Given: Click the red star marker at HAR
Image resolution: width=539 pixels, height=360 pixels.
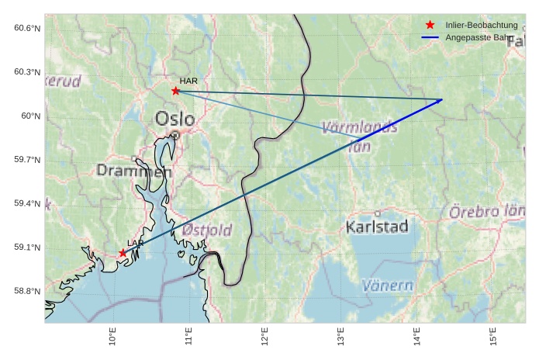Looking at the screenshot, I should point(176,91).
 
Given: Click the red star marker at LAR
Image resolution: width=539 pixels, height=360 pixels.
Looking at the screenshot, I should point(123,254).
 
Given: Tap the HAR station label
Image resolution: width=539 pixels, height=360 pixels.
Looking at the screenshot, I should point(188,81).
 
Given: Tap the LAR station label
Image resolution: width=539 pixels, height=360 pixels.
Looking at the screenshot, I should point(136,244).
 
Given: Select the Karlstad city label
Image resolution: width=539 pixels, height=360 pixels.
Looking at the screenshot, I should point(377,227).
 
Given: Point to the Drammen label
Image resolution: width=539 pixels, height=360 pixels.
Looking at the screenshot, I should point(133,171).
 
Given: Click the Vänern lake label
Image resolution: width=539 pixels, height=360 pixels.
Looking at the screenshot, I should point(388,286).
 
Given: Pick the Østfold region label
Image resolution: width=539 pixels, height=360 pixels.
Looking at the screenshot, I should point(207,230).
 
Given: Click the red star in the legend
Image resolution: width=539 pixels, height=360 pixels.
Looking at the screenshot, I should point(430,26).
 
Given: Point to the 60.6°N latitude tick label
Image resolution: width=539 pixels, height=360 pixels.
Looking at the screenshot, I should point(27,29).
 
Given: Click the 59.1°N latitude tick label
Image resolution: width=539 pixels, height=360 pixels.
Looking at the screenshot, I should point(27,248).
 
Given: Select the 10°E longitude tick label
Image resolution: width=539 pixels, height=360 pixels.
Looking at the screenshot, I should point(112,338).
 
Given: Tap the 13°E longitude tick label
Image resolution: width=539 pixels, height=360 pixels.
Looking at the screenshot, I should point(340,338).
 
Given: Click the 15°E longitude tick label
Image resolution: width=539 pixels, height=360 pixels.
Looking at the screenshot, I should point(492,338).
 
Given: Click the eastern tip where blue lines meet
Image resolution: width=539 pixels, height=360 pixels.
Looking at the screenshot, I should point(442,99).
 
